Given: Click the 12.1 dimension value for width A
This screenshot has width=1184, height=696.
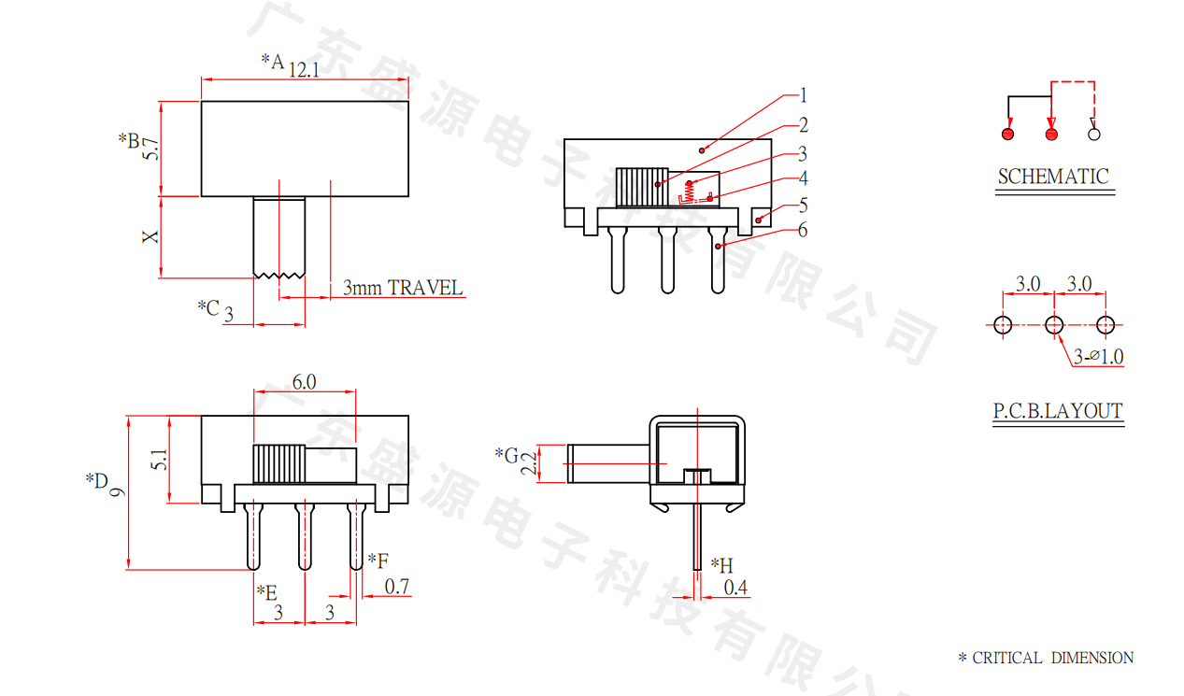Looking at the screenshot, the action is tap(304, 70).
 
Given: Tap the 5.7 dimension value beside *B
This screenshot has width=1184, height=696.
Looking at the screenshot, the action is tap(150, 149).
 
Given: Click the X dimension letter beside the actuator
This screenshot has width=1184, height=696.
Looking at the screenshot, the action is tap(150, 236).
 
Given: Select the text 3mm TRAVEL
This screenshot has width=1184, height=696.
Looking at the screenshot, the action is tap(403, 288).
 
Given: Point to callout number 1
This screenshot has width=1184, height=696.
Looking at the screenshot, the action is tap(804, 95).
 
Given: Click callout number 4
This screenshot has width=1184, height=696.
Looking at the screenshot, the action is tap(804, 178).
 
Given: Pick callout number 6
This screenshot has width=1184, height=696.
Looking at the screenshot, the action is tap(803, 230).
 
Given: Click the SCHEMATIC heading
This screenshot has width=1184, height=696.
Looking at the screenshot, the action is tap(1053, 177).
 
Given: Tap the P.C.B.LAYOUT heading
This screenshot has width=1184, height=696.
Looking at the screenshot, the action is tap(1058, 411).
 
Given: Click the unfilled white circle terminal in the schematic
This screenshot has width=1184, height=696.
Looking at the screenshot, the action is tap(1094, 135).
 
